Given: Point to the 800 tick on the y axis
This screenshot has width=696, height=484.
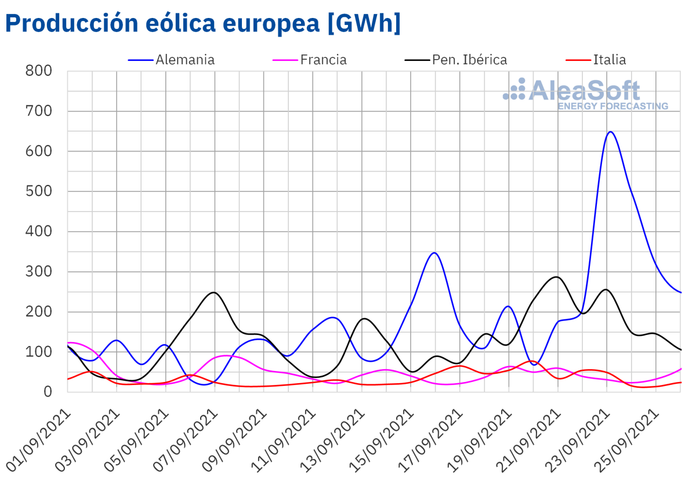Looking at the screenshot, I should (x=39, y=71).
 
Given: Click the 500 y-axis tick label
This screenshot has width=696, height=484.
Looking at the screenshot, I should (x=39, y=192).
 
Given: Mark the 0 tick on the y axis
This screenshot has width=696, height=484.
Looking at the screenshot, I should (x=48, y=392).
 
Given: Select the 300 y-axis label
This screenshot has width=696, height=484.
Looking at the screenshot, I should (x=39, y=272).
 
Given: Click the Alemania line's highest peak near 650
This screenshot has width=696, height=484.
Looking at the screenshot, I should (x=610, y=132).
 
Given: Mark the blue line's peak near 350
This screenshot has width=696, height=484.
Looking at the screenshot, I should (x=434, y=253).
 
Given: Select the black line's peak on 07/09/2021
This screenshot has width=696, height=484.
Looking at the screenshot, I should (x=214, y=292).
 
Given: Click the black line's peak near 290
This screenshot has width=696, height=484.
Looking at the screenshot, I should (x=557, y=276).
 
